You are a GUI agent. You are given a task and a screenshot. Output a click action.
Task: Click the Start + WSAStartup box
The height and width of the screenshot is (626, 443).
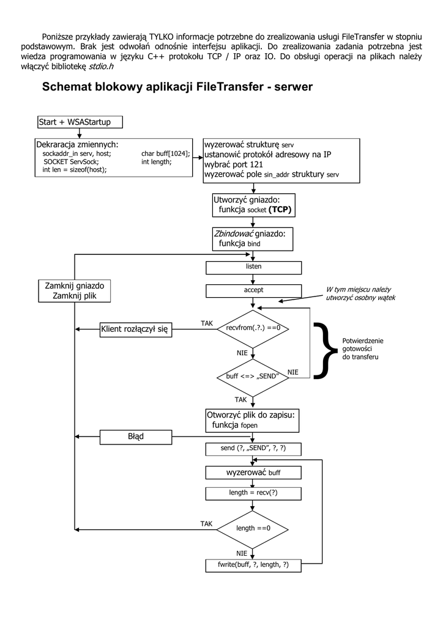pos(80,122)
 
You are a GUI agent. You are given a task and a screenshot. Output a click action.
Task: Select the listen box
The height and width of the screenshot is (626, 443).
pos(253,268)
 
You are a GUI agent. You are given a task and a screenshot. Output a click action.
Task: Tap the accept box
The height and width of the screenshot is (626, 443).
pos(253,291)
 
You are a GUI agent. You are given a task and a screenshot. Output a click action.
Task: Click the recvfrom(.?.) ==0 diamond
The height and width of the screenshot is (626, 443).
pos(253,328)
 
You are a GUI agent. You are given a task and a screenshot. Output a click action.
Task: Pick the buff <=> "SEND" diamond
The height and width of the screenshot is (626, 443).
pos(253,377)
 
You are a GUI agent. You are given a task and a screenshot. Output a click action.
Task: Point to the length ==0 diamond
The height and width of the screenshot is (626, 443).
pos(253,528)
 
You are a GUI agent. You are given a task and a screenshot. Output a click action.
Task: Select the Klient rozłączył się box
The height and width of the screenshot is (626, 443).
pos(136,330)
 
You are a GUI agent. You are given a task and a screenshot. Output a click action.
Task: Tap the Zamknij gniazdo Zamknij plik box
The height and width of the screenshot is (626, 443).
pos(75,290)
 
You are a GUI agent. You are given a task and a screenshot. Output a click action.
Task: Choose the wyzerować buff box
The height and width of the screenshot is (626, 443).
pos(253,473)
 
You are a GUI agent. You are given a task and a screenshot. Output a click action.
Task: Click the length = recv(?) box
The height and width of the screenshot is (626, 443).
pos(253,493)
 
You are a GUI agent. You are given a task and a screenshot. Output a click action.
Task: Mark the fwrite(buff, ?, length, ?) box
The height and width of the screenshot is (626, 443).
pos(253,565)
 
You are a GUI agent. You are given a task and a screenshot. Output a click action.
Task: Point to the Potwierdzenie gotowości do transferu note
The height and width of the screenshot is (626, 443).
pos(362,348)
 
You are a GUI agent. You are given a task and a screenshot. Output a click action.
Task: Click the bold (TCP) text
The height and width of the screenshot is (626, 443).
pos(280,210)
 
